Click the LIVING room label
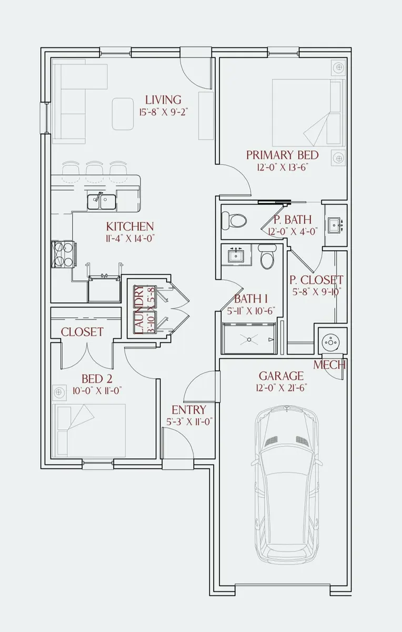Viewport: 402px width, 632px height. point(163,100)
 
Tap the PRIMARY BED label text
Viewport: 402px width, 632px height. point(282,155)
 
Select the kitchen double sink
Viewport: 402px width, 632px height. point(101,202)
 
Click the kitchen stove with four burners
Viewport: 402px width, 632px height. point(63,254)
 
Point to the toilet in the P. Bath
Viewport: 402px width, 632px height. point(234,220)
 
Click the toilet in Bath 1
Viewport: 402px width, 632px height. point(266,256)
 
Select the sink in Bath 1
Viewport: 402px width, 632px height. point(236,255)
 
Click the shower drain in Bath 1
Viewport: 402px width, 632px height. point(249,340)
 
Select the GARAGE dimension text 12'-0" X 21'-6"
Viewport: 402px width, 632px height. point(282,389)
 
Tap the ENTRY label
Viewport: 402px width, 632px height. point(189,410)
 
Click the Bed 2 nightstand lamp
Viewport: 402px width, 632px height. point(58,392)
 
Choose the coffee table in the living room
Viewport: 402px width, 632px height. point(123,114)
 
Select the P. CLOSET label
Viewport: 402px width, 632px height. point(316,280)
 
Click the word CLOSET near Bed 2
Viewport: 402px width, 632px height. point(82,332)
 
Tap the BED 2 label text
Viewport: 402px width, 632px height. point(97,379)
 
